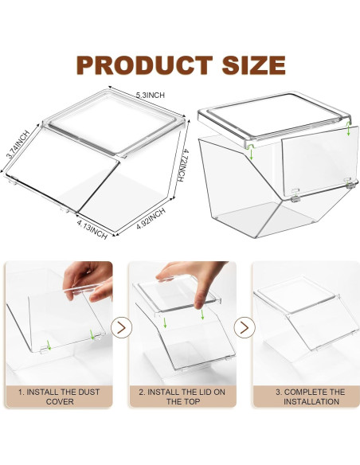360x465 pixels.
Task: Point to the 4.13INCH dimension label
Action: pyautogui.click(x=92, y=230)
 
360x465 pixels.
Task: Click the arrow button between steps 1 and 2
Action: pyautogui.click(x=121, y=326)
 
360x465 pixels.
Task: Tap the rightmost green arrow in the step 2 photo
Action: pyautogui.click(x=204, y=313)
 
